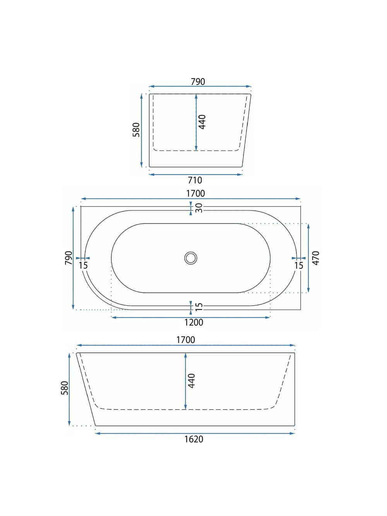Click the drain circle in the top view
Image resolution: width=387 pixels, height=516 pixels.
click(x=191, y=258)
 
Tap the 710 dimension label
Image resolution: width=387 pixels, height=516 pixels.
click(x=195, y=180)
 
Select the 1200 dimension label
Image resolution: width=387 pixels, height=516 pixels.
click(x=193, y=322)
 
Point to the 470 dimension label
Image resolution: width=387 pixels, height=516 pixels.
click(x=316, y=258)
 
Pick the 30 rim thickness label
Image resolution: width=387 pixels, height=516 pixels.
click(x=199, y=208)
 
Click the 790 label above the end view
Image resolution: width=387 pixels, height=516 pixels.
click(x=198, y=82)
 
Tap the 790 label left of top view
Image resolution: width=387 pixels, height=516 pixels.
click(x=68, y=258)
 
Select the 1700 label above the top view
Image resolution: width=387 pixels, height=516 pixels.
click(x=195, y=193)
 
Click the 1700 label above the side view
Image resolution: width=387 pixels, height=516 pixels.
click(x=185, y=340)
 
